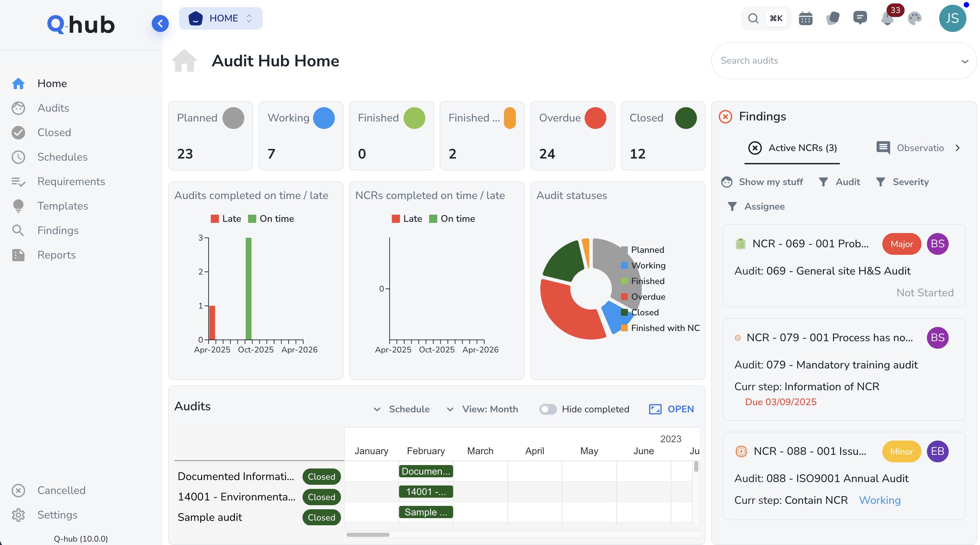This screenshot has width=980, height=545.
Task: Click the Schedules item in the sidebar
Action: pyautogui.click(x=62, y=157)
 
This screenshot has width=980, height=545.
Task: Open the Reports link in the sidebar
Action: pyautogui.click(x=56, y=255)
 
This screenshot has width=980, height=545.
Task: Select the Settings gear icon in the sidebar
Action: pyautogui.click(x=18, y=515)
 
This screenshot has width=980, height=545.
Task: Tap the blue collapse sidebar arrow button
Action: pyautogui.click(x=160, y=23)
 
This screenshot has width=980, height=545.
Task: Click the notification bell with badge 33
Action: pyautogui.click(x=887, y=18)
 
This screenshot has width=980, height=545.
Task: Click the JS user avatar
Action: pyautogui.click(x=952, y=18)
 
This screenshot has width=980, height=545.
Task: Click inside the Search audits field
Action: pyautogui.click(x=837, y=61)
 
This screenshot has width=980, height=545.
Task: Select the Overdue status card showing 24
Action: pyautogui.click(x=572, y=136)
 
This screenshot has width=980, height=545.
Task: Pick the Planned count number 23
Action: pyautogui.click(x=185, y=154)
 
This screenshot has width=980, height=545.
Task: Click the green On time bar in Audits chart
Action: pyautogui.click(x=249, y=289)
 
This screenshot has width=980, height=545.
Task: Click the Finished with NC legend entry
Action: pyautogui.click(x=665, y=328)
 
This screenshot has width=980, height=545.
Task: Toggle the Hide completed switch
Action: pyautogui.click(x=548, y=409)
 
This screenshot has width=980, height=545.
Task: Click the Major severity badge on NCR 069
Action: pyautogui.click(x=901, y=244)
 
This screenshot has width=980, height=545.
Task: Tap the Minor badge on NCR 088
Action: pyautogui.click(x=901, y=451)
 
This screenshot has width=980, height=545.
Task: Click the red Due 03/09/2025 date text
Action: pyautogui.click(x=781, y=402)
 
